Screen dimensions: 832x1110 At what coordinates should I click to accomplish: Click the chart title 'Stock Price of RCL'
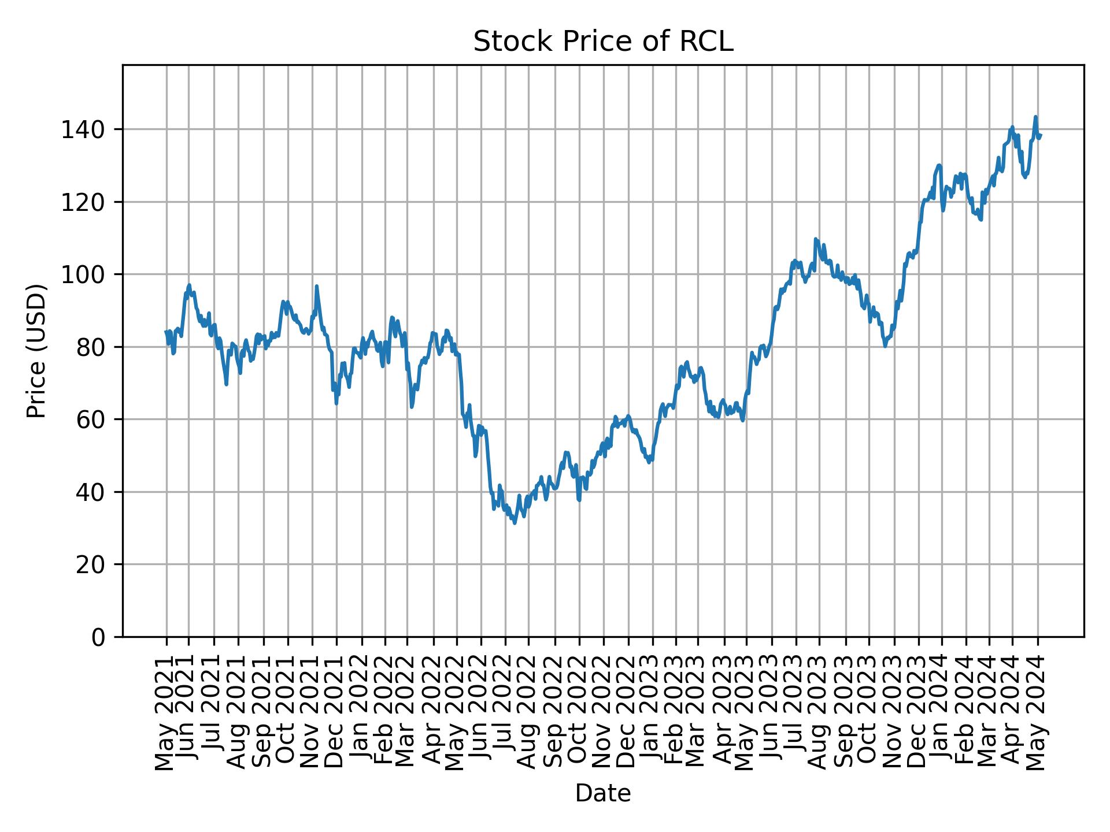pyautogui.click(x=603, y=42)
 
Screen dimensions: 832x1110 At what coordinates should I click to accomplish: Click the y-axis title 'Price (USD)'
pyautogui.click(x=36, y=351)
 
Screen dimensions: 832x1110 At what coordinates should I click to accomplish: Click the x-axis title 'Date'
pyautogui.click(x=603, y=793)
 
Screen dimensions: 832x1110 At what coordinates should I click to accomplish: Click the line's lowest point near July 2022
pyautogui.click(x=515, y=523)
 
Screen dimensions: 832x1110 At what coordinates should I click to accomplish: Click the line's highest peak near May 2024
pyautogui.click(x=1035, y=117)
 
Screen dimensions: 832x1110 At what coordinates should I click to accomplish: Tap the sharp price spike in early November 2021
pyautogui.click(x=316, y=286)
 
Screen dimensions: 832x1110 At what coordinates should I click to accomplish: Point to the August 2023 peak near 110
pyautogui.click(x=815, y=239)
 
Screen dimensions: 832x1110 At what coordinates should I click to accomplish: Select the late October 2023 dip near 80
pyautogui.click(x=885, y=346)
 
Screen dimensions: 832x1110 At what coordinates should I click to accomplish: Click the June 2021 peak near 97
pyautogui.click(x=189, y=285)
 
